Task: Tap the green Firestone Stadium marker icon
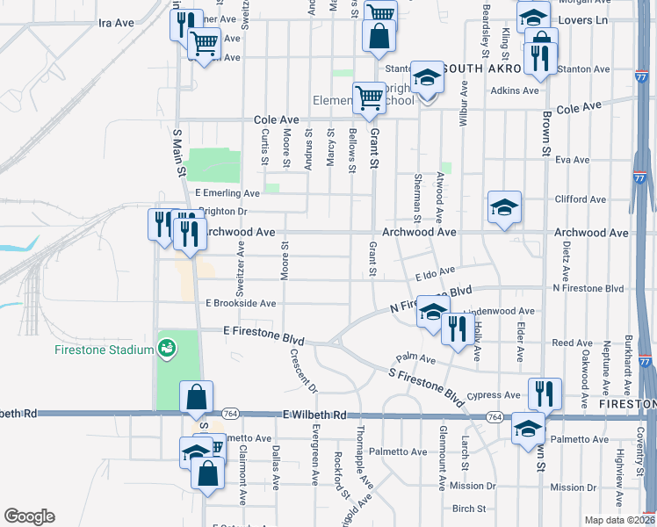(x=165, y=350)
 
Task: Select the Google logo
(x=29, y=516)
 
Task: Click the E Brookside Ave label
(x=241, y=303)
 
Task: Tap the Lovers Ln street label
(x=614, y=18)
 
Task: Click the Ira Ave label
(x=116, y=22)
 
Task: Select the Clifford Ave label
(x=581, y=199)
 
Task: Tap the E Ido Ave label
(x=436, y=273)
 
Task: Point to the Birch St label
(x=470, y=509)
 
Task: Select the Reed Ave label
(x=572, y=343)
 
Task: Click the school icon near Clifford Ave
(x=504, y=208)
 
